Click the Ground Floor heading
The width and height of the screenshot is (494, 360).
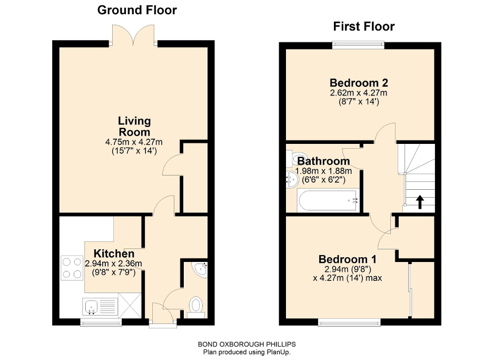(137, 9)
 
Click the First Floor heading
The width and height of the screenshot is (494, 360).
(363, 26)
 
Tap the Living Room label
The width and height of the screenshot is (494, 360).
(134, 127)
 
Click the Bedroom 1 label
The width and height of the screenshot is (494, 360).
(350, 259)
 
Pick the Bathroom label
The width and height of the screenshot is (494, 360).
(323, 161)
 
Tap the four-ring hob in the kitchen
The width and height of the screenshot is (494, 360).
(72, 267)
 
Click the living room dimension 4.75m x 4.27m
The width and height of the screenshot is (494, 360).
(134, 142)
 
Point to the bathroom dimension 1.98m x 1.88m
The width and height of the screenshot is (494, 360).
(323, 171)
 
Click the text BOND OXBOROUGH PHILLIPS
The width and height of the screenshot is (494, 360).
(247, 343)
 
